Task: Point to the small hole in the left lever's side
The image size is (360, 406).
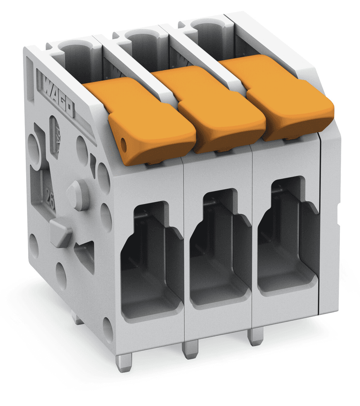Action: click(x=124, y=145)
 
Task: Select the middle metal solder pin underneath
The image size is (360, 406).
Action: click(x=190, y=349)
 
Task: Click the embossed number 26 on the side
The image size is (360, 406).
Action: click(x=50, y=195)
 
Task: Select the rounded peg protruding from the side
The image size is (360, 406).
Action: click(x=77, y=194)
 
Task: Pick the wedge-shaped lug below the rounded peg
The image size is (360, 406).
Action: click(x=61, y=232)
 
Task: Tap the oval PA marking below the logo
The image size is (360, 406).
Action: click(x=55, y=137)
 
